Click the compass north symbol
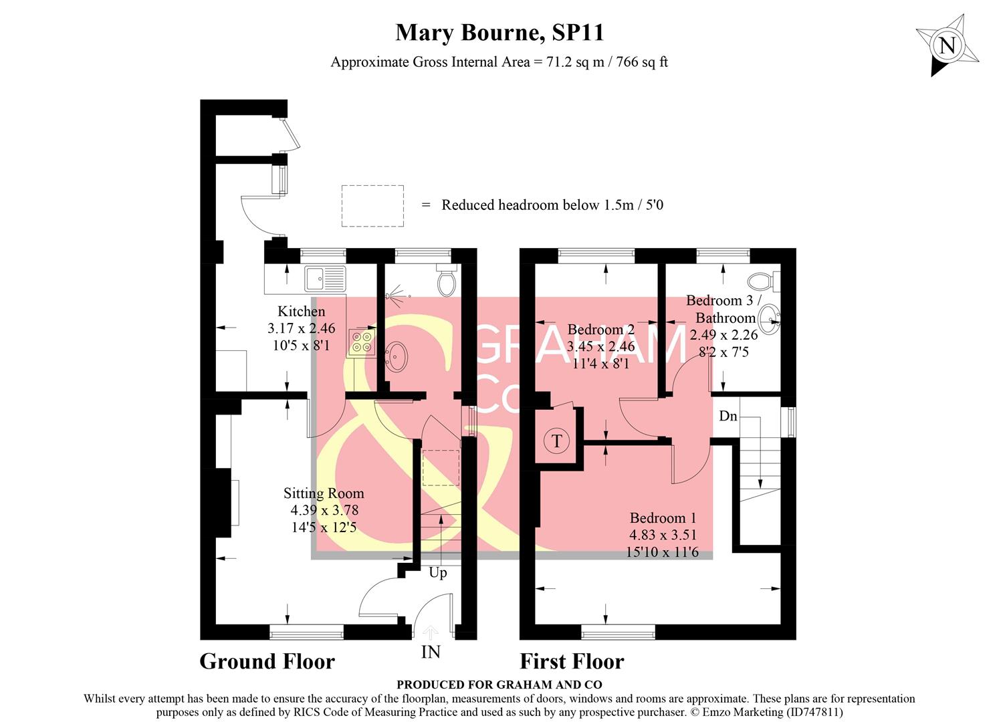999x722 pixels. coord(948,46)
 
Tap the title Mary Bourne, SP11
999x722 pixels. coord(499,32)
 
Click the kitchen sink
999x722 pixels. coord(325,276)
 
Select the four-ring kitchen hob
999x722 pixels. coord(362,342)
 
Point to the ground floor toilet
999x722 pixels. coord(446,279)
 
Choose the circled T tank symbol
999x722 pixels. coord(556,441)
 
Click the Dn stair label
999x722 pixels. coord(728,416)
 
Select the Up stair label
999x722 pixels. coord(438,572)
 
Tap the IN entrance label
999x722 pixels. coord(431,651)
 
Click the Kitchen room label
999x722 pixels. coord(302,311)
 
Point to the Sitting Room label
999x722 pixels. coord(324,493)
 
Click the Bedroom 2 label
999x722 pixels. coord(600,329)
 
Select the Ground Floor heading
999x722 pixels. coord(267,661)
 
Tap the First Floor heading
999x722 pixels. coord(572,661)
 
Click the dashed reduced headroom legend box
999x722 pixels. coord(372,206)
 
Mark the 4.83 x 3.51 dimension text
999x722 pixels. coord(663,535)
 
